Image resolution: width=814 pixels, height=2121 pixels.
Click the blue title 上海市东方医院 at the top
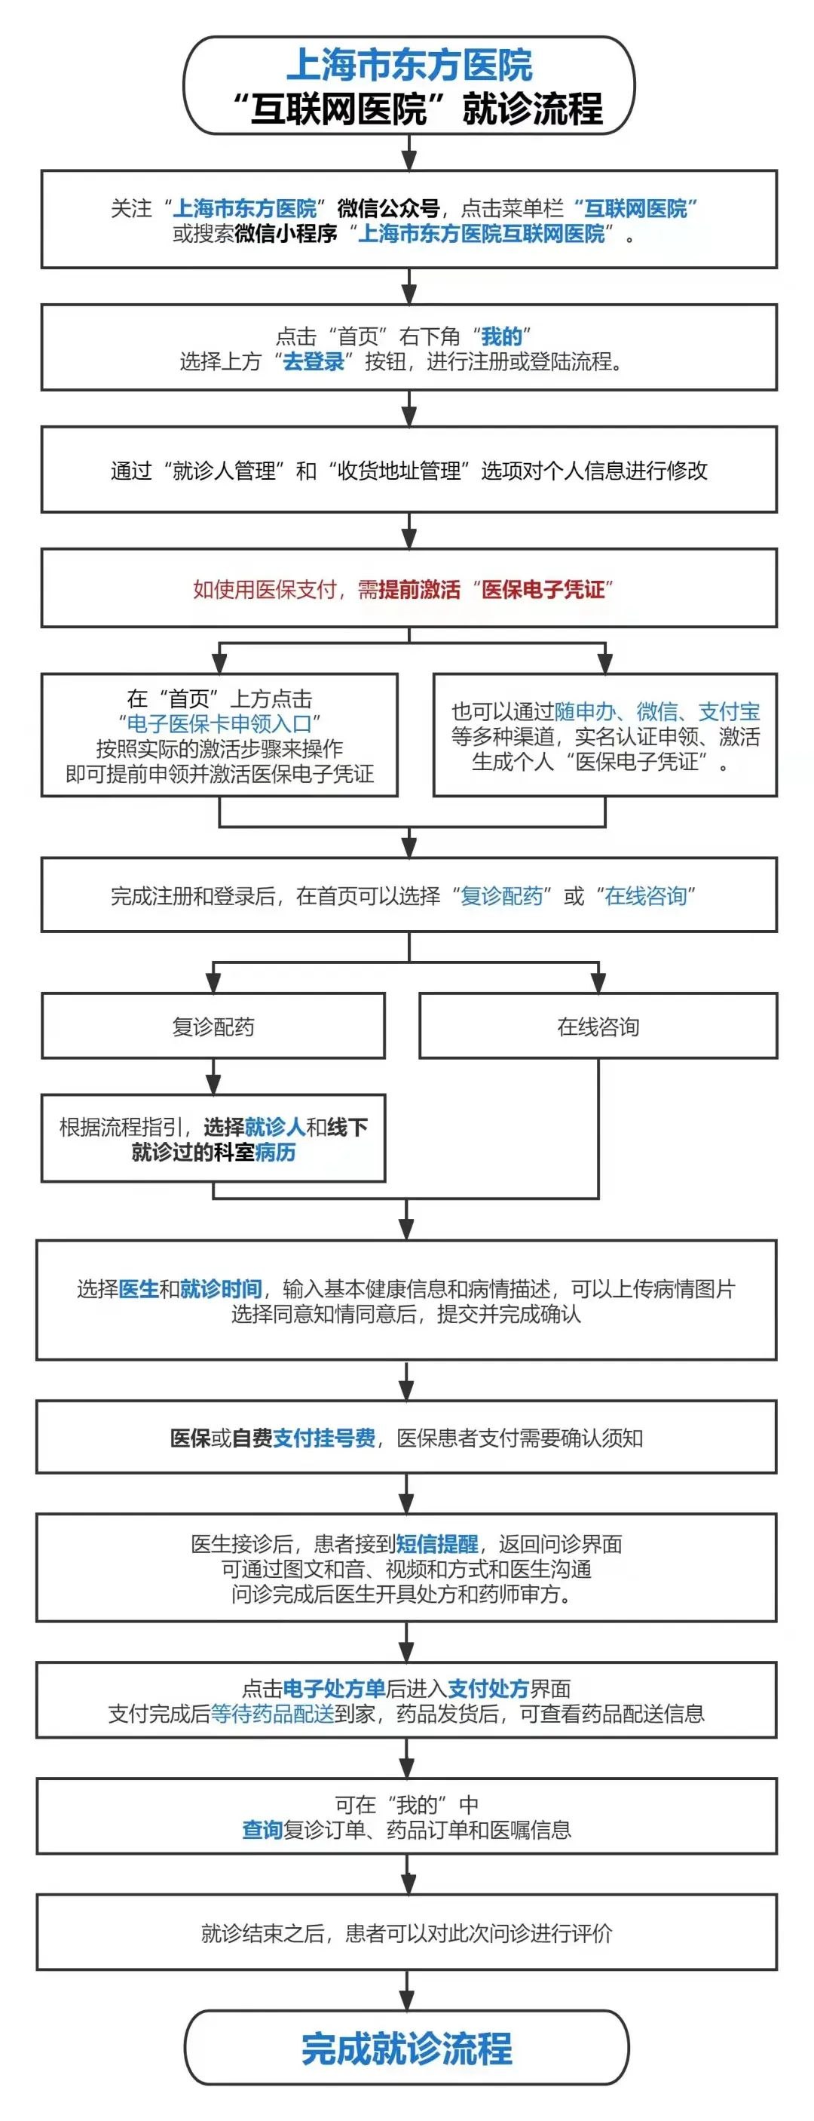[x=409, y=65]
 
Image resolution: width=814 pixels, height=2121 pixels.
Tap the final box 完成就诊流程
[x=406, y=2048]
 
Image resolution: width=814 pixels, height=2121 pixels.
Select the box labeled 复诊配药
[x=213, y=1026]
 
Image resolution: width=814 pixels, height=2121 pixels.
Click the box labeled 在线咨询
[x=598, y=1026]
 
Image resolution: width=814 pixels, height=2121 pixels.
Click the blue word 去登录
[x=314, y=361]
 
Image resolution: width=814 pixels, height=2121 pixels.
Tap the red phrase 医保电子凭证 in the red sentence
[x=543, y=589]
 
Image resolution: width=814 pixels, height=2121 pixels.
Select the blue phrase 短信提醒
[x=437, y=1543]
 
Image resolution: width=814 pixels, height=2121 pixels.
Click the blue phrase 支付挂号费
[x=324, y=1438]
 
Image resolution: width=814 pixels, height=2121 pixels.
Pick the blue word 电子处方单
[x=334, y=1688]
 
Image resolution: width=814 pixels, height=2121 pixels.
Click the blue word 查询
[x=262, y=1830]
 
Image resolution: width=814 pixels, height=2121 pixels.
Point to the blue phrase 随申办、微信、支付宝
[x=656, y=711]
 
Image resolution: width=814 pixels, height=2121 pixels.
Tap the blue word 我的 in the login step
[x=502, y=336]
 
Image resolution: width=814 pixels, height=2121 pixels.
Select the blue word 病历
[x=275, y=1151]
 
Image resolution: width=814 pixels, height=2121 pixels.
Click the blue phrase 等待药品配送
[x=272, y=1714]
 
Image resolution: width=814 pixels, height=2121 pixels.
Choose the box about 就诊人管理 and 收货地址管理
[x=409, y=470]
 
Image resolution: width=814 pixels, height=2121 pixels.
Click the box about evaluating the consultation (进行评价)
[x=406, y=1932]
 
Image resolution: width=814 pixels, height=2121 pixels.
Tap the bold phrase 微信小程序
[x=286, y=233]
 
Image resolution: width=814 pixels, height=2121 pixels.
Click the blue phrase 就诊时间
[x=221, y=1288]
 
